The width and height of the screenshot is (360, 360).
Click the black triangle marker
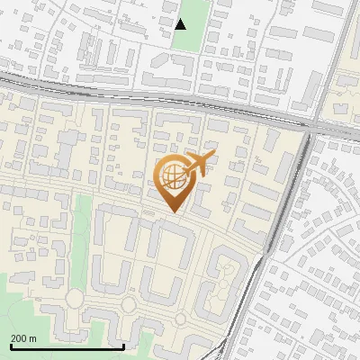[x=181, y=24]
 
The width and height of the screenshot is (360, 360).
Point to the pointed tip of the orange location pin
[x=174, y=212]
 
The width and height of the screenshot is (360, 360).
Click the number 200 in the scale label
[x=20, y=337]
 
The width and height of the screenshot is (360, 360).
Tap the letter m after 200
[x=32, y=337]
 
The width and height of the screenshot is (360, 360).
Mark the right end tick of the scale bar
[x=123, y=345]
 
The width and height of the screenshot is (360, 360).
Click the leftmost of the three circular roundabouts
[x=74, y=298]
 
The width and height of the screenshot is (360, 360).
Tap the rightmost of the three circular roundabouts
[x=181, y=319]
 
